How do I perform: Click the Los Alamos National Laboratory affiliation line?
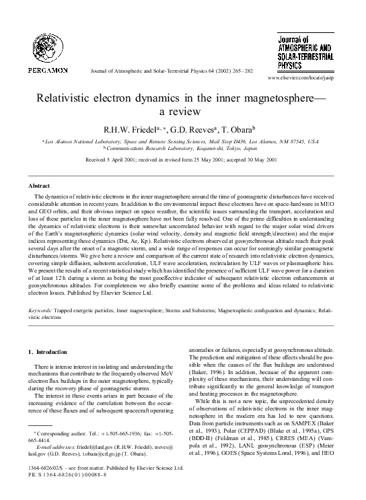182,143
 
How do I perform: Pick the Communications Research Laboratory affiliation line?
182,149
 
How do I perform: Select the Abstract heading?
39,185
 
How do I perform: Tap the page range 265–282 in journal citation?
240,70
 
